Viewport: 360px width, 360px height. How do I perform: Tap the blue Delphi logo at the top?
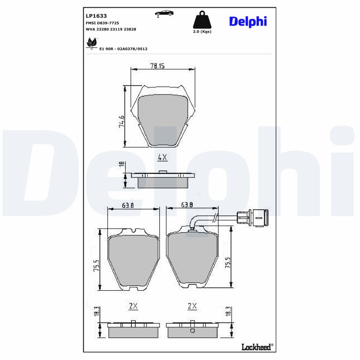(248, 21)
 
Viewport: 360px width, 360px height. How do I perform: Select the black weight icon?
(201, 20)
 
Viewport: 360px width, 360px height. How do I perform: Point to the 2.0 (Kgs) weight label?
(201, 32)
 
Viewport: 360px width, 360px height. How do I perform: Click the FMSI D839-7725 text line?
(102, 22)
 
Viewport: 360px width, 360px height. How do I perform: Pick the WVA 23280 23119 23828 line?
(111, 29)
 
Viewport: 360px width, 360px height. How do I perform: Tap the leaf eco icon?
(91, 44)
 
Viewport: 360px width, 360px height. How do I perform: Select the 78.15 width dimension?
(157, 66)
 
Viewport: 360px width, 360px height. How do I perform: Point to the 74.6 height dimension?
(121, 121)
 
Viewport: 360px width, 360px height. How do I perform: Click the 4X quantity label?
(162, 157)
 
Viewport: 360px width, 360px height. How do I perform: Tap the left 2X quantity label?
(133, 306)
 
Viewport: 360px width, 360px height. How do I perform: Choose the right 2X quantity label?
(192, 306)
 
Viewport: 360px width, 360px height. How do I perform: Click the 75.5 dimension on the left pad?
(96, 265)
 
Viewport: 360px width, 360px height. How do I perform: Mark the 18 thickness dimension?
(121, 165)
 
